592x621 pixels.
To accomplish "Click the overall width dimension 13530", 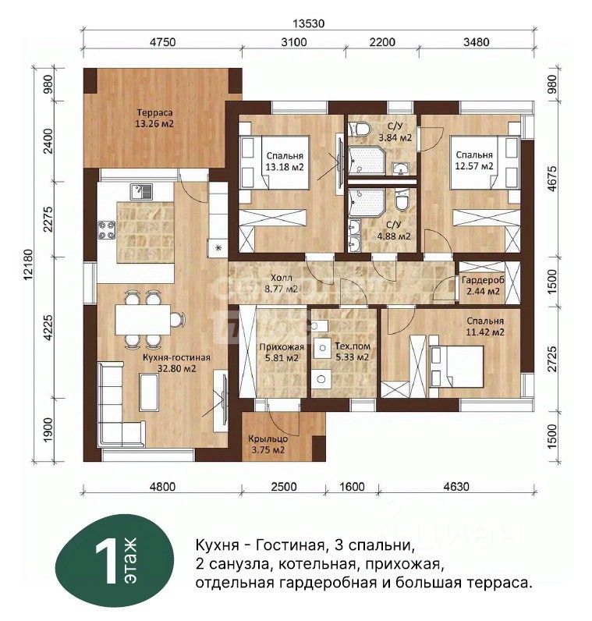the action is [308, 23].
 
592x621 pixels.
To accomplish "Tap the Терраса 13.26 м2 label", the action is [154, 118].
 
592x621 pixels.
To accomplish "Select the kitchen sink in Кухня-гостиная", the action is [141, 192].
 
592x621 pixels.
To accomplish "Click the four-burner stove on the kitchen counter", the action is [107, 230].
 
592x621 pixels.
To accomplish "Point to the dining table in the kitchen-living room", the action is [143, 320].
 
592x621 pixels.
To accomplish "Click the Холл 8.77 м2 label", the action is [281, 283].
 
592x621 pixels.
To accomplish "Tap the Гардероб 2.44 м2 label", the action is [483, 286].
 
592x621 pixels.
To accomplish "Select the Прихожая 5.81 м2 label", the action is [282, 353].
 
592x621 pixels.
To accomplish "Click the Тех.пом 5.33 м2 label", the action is [352, 352].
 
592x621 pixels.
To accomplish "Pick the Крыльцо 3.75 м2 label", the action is [268, 445].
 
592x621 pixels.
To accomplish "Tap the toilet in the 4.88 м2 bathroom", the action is [403, 200].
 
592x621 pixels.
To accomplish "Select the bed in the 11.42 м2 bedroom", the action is [456, 367].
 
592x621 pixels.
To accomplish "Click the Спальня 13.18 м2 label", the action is [285, 161].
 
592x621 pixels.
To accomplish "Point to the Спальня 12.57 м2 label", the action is [474, 161].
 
